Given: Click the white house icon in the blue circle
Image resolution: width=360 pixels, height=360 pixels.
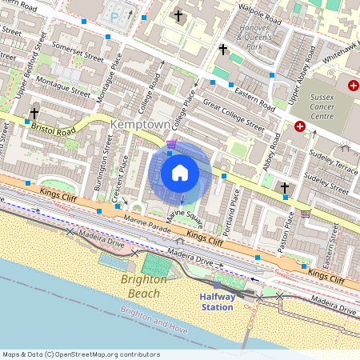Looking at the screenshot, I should pyautogui.click(x=180, y=173).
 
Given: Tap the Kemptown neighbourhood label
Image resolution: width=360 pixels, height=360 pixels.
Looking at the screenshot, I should pyautogui.click(x=142, y=125).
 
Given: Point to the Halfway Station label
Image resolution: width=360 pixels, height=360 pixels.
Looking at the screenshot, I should pyautogui.click(x=217, y=302).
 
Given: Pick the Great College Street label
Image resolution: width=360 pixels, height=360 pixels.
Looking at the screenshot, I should pyautogui.click(x=234, y=114).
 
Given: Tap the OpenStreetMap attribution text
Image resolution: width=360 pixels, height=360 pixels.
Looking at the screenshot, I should pyautogui.click(x=80, y=354).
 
